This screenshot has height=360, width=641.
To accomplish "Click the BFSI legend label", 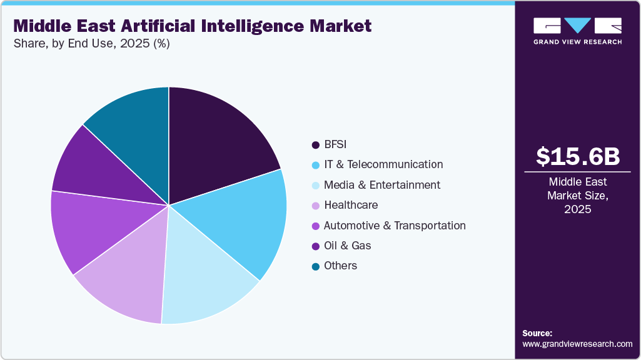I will [335, 144].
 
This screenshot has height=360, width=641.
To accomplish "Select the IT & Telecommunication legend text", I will [383, 164].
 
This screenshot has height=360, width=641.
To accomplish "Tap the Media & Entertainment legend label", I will [381, 185].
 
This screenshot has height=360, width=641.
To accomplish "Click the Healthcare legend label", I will [350, 205].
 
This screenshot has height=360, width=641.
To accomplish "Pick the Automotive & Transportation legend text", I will [394, 226].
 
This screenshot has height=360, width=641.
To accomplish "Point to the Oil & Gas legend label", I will [347, 246].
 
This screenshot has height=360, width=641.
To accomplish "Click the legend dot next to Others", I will [316, 266].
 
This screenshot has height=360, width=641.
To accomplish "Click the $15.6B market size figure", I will [578, 157].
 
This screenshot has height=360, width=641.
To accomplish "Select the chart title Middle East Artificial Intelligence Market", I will [192, 26].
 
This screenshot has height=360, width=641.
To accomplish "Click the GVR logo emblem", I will [577, 26].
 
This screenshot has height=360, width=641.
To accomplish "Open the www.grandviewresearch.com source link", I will [577, 344].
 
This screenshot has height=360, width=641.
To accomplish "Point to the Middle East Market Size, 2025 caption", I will [578, 196].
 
